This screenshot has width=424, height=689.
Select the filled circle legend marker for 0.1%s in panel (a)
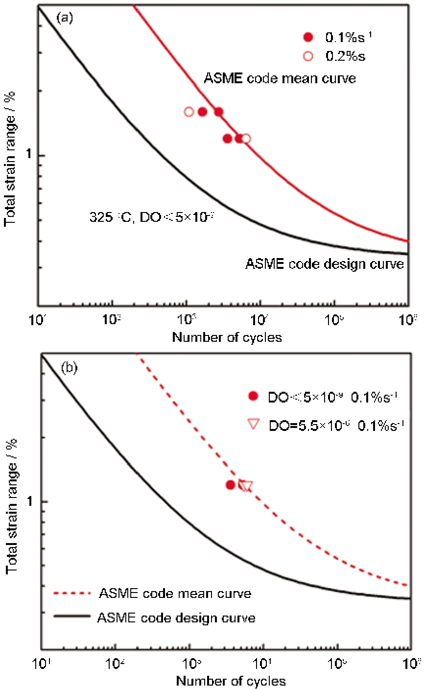click(308, 37)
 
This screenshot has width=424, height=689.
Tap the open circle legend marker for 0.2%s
click(308, 56)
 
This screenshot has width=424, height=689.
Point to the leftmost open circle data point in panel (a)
click(189, 112)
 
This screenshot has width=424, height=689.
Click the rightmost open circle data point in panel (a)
click(246, 139)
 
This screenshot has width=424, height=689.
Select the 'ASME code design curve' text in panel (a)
click(325, 264)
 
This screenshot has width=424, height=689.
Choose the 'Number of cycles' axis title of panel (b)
click(230, 681)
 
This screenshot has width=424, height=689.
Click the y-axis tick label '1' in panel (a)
click(28, 156)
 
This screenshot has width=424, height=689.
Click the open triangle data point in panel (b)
click(246, 486)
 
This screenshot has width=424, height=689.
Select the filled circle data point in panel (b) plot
click(231, 485)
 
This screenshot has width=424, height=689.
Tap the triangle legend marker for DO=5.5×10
click(253, 425)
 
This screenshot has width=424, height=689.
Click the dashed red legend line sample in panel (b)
click(72, 594)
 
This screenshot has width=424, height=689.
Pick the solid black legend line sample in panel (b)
click(72, 617)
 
